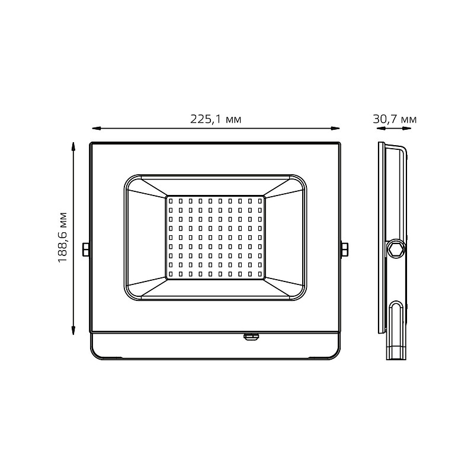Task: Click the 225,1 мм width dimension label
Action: pos(216,119)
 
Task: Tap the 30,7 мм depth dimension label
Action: pos(395,119)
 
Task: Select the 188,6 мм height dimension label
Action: pos(62,238)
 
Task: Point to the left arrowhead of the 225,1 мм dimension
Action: pos(96,129)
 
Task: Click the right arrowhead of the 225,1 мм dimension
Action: pos(335,129)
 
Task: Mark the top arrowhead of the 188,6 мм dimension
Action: pos(73,146)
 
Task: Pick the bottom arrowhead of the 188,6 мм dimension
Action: pos(73,331)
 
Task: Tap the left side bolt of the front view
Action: pos(86,249)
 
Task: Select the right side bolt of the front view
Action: pos(344,249)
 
